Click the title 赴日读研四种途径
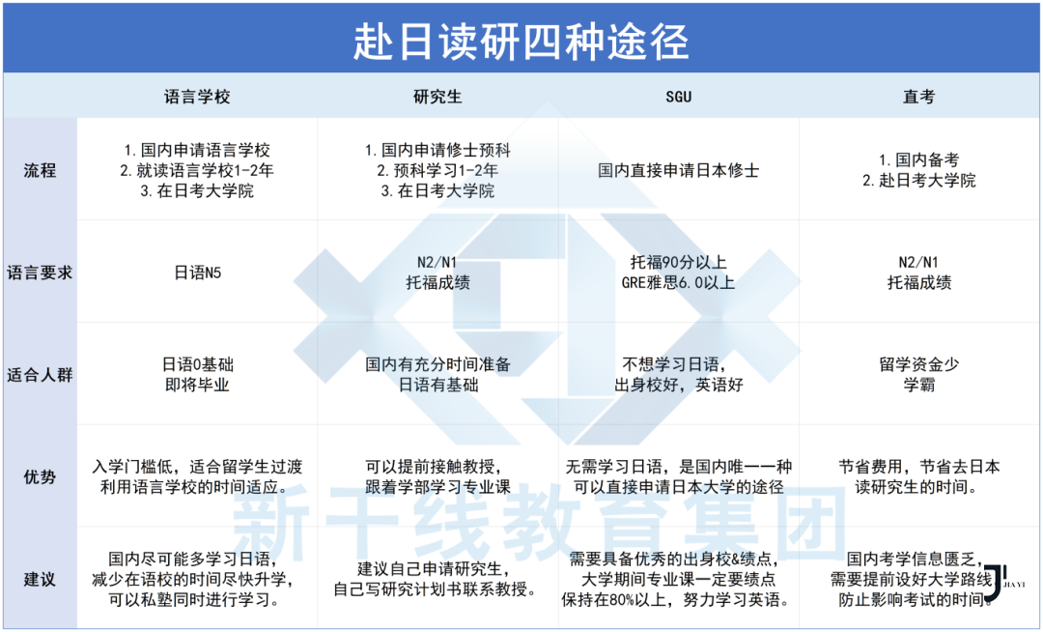(521, 41)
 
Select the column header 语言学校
(197, 97)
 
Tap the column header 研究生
(437, 97)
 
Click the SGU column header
(678, 97)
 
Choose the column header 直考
(918, 97)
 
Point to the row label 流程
(40, 171)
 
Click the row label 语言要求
(40, 273)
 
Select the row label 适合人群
(40, 375)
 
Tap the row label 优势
(40, 476)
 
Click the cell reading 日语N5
(197, 273)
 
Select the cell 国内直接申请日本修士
(678, 171)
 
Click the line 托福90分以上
(678, 262)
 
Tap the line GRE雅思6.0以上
(678, 283)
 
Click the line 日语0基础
(197, 364)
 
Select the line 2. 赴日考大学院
(918, 181)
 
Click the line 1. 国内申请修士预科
(437, 151)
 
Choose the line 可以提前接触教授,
(437, 466)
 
